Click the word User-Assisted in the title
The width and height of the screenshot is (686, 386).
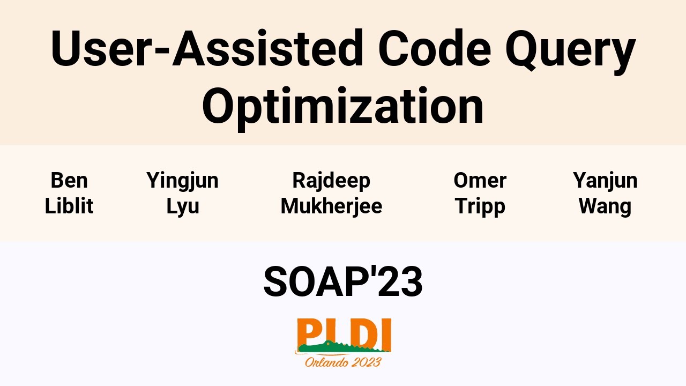(207, 49)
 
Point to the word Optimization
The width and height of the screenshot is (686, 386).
(343, 105)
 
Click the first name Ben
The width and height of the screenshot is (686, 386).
(69, 181)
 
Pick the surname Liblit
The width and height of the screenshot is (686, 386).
(69, 206)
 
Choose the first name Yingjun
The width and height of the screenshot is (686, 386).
(182, 181)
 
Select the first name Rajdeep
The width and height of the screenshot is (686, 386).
(331, 181)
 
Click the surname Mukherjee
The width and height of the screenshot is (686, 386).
(331, 206)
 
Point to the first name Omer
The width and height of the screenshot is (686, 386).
(480, 181)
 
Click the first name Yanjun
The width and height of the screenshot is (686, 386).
(605, 181)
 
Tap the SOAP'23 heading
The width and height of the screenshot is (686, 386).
(343, 282)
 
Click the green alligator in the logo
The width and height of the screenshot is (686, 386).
(343, 348)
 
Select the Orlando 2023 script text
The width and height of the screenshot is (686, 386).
(343, 362)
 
